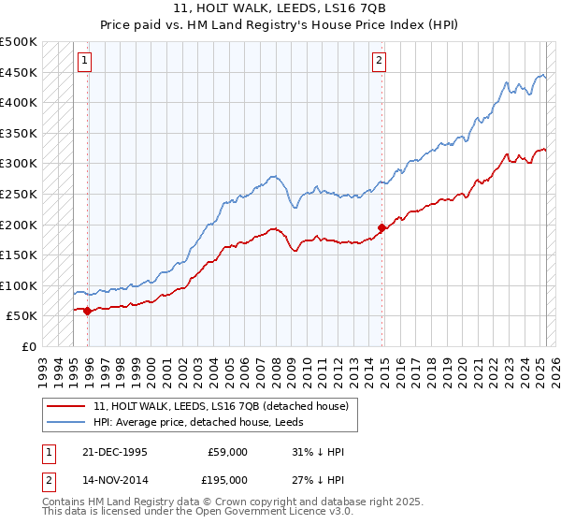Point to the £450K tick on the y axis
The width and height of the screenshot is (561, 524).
[19, 72]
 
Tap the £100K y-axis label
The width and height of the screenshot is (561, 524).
[19, 285]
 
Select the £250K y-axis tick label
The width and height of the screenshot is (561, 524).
[19, 194]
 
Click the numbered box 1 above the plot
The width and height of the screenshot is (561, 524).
[84, 62]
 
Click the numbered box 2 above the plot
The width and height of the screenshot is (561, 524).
[380, 62]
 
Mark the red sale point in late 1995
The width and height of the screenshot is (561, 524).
[88, 311]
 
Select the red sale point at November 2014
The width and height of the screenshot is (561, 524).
[381, 227]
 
